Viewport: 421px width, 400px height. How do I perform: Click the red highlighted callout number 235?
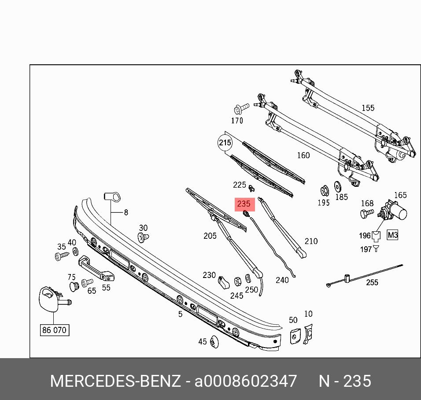click(x=244, y=204)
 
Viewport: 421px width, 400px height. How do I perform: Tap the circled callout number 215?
click(x=225, y=143)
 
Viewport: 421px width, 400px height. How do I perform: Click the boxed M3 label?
click(x=392, y=235)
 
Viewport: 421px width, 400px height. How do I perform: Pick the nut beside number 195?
click(x=323, y=191)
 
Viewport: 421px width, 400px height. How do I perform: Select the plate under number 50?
click(x=294, y=335)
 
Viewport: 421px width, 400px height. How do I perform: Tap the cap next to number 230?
click(x=223, y=281)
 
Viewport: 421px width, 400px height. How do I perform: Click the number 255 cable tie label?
click(x=372, y=282)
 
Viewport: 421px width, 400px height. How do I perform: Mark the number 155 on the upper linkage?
click(x=368, y=108)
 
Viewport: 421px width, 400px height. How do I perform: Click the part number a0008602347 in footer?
click(x=246, y=381)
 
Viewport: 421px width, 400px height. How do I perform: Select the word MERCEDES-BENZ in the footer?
click(x=115, y=381)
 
